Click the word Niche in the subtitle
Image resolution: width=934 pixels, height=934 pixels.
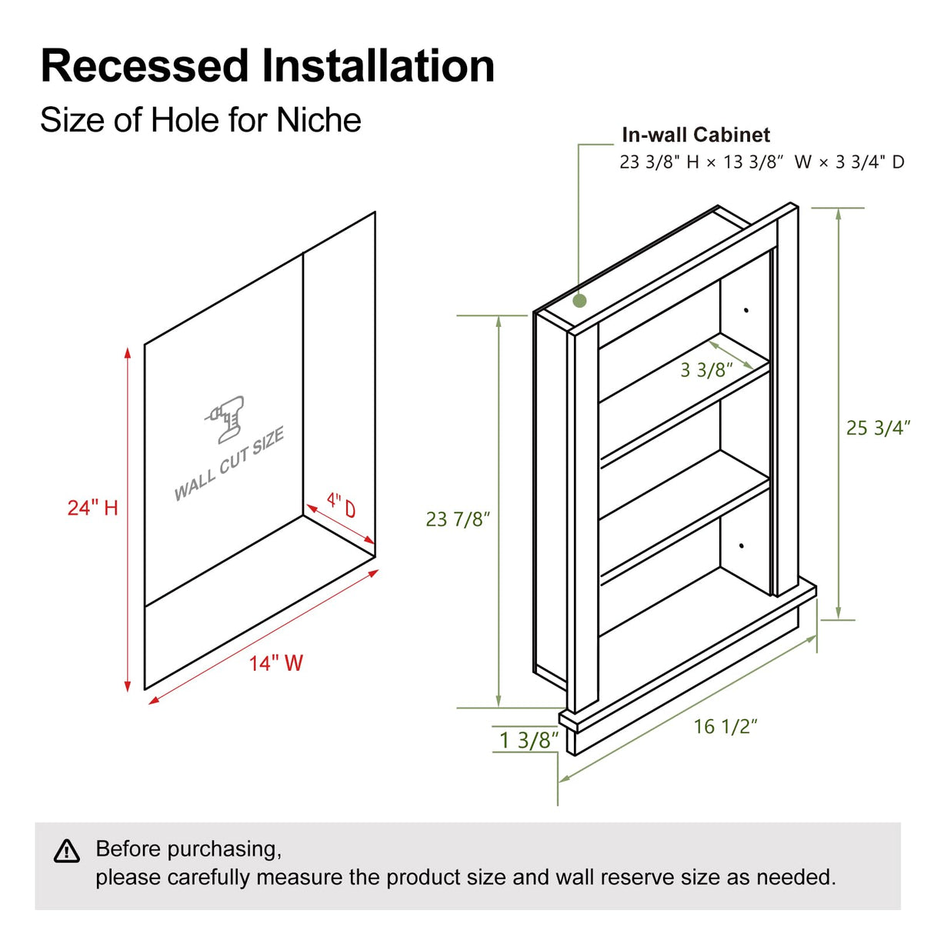(x=319, y=120)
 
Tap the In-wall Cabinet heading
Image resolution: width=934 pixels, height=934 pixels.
(x=695, y=135)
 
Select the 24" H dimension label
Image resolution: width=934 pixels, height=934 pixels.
(x=92, y=508)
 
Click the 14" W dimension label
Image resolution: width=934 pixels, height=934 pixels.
(x=275, y=663)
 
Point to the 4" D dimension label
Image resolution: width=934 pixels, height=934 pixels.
(x=341, y=505)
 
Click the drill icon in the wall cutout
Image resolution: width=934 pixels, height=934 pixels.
(x=226, y=419)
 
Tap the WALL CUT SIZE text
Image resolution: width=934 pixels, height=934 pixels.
(x=229, y=464)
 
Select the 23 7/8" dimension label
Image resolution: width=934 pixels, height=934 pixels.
(x=458, y=519)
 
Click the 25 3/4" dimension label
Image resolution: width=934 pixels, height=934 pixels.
(x=878, y=428)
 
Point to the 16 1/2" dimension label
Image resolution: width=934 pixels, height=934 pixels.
(x=726, y=726)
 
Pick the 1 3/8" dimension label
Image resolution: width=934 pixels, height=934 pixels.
(x=529, y=740)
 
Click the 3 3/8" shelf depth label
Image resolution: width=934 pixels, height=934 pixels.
(x=706, y=370)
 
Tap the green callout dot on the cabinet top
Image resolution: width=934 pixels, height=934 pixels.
(x=580, y=301)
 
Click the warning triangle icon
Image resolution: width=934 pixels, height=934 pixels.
(x=67, y=851)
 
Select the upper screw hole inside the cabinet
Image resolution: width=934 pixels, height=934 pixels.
(x=746, y=310)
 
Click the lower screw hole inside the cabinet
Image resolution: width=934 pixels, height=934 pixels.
(x=741, y=546)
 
